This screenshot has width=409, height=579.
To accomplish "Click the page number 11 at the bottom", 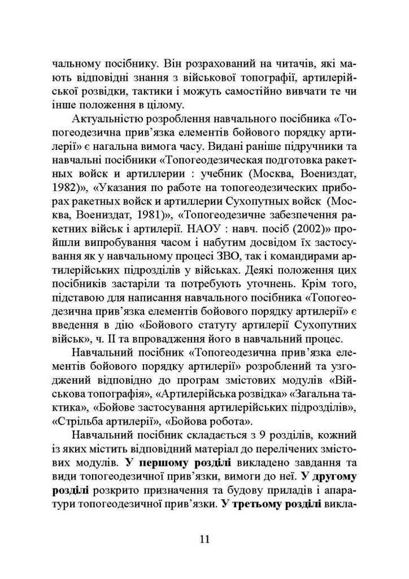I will [x=204, y=538].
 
